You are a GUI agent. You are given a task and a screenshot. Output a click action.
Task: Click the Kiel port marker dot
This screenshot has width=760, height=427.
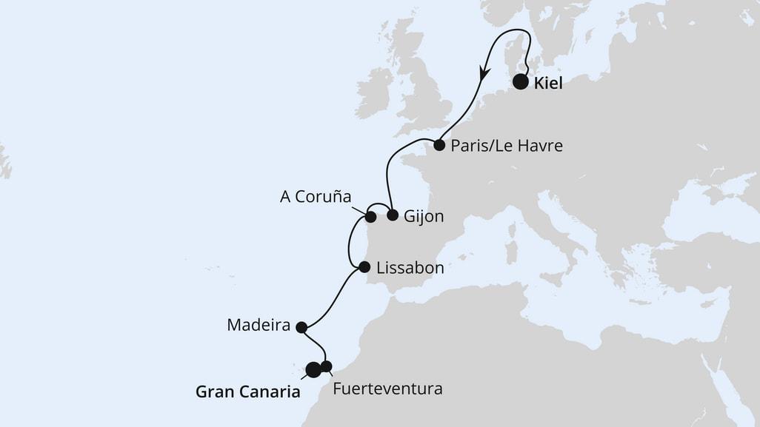521,82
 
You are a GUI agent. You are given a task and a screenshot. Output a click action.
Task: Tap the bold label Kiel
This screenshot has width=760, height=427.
548,84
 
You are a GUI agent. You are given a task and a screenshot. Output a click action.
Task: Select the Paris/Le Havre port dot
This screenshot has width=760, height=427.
439,145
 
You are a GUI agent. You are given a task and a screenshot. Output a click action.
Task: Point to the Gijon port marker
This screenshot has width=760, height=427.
393,216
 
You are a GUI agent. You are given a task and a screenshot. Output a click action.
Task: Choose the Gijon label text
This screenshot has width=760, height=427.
424,217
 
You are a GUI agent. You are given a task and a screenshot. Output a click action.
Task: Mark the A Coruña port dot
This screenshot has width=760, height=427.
371,218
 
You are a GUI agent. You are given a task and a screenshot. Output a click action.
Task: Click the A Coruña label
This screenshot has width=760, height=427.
315,197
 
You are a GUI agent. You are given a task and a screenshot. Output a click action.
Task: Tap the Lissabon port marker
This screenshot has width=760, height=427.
364,267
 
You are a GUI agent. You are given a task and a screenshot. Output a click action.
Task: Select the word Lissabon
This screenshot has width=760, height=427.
410,268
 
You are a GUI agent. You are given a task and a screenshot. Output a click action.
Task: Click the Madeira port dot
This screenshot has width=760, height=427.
301,327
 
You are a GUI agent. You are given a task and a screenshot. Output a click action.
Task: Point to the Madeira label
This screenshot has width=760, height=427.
259,325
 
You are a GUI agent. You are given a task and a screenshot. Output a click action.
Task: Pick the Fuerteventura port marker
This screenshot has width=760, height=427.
326,366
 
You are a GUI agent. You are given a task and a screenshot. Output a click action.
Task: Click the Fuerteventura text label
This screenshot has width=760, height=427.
388,388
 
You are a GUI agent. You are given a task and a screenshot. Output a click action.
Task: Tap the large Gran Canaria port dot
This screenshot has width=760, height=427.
313,369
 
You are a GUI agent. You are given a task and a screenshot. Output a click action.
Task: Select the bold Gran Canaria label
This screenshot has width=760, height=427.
248,391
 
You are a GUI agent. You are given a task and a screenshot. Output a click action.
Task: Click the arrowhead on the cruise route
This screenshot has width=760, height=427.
484,73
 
